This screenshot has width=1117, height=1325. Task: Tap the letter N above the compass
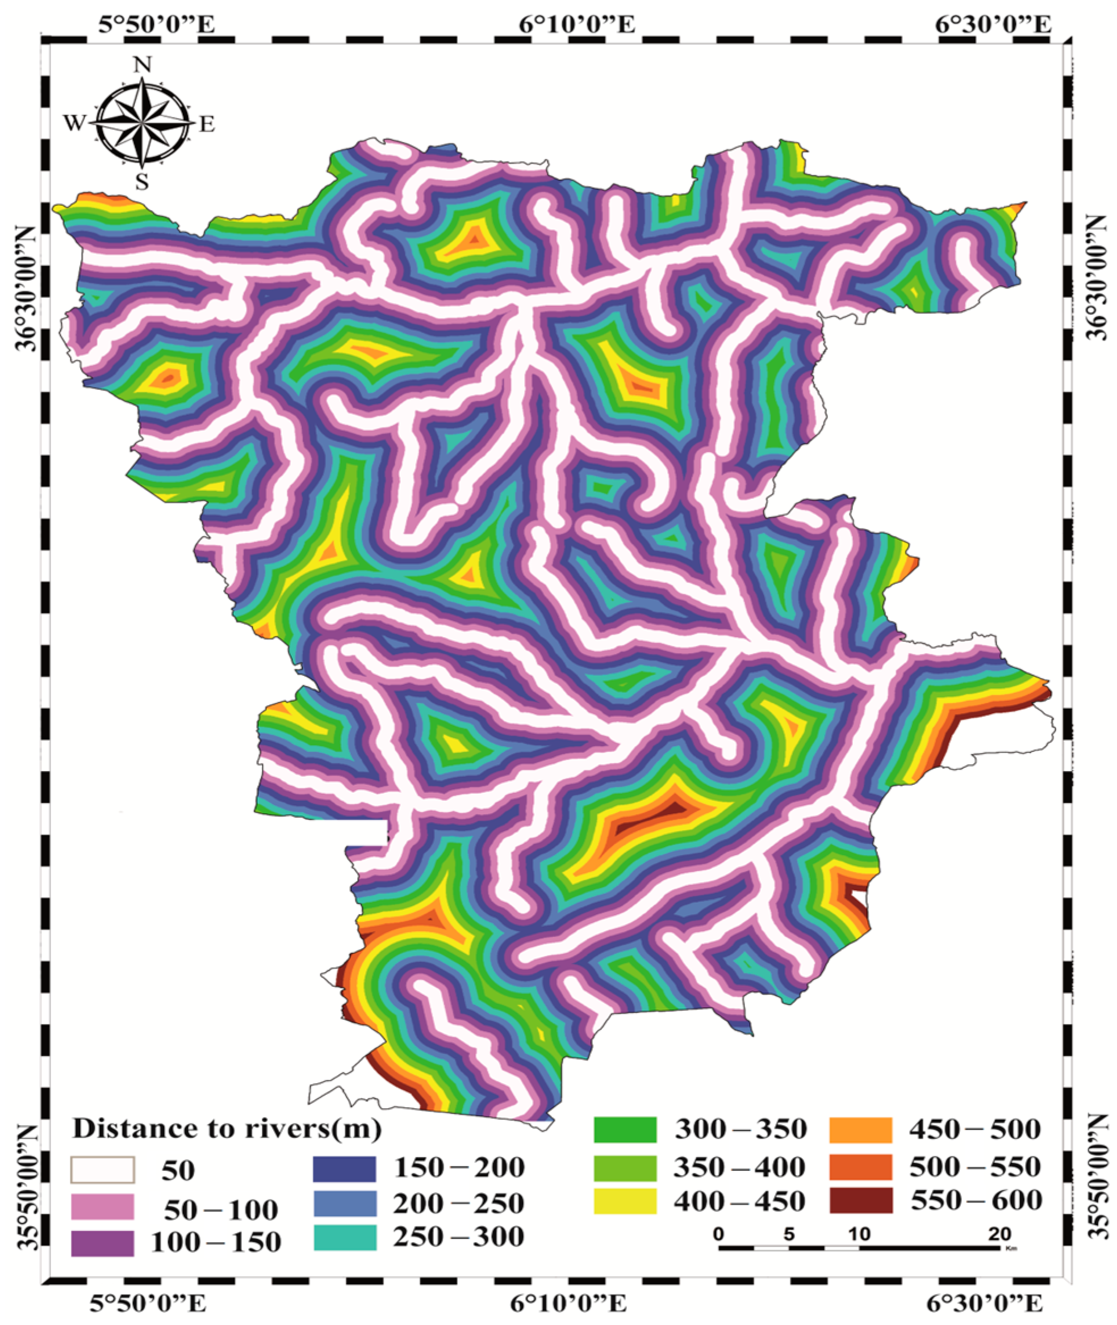143,65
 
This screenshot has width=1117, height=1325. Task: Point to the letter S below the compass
142,182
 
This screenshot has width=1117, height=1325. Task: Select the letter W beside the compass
74,123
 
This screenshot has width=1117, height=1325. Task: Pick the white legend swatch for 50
102,1170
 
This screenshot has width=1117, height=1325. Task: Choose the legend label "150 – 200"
459,1167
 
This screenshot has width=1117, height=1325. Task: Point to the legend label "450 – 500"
975,1129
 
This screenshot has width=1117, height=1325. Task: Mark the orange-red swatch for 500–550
861,1166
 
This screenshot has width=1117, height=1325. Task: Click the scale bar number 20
999,1233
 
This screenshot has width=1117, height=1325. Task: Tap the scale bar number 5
788,1233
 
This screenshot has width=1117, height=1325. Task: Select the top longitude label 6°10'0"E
577,26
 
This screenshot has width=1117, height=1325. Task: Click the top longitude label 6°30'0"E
992,26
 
